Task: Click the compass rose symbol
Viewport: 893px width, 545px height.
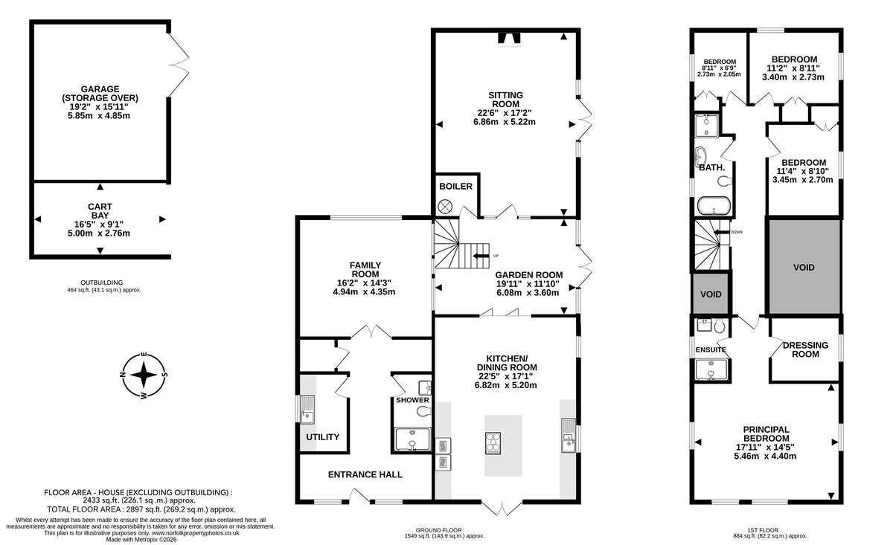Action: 144,375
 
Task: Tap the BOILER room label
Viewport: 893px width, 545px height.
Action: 455,187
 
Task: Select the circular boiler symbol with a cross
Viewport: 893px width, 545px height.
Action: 445,207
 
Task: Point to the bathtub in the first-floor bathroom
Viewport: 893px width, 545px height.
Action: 714,205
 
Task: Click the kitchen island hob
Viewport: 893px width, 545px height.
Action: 493,443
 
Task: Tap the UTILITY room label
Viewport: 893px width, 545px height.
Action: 322,437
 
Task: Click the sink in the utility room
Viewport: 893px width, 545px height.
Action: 307,409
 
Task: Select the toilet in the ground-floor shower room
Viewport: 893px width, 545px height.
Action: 423,411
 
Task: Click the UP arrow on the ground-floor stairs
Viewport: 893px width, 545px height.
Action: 481,256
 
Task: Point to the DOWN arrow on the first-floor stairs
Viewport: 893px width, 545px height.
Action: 722,232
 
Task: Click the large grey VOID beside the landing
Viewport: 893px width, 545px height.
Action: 804,267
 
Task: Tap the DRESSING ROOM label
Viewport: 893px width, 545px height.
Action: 805,349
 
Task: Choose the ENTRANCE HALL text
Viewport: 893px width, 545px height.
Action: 365,474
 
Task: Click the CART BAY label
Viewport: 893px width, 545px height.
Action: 100,210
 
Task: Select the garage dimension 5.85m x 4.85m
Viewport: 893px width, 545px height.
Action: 99,116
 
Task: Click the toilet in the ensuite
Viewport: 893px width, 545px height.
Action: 719,326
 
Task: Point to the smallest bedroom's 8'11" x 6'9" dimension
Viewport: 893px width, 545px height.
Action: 719,68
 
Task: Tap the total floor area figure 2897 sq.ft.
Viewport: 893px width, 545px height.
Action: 142,509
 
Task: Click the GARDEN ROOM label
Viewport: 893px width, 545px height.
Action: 529,275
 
